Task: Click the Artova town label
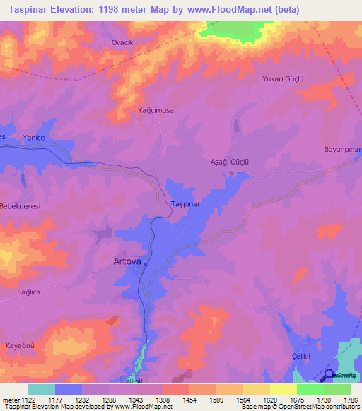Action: point(127,261)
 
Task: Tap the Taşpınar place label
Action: point(187,203)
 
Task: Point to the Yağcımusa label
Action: point(156,110)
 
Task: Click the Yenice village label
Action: point(34,137)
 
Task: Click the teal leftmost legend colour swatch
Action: point(41,389)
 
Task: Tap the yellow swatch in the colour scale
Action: point(284,389)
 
